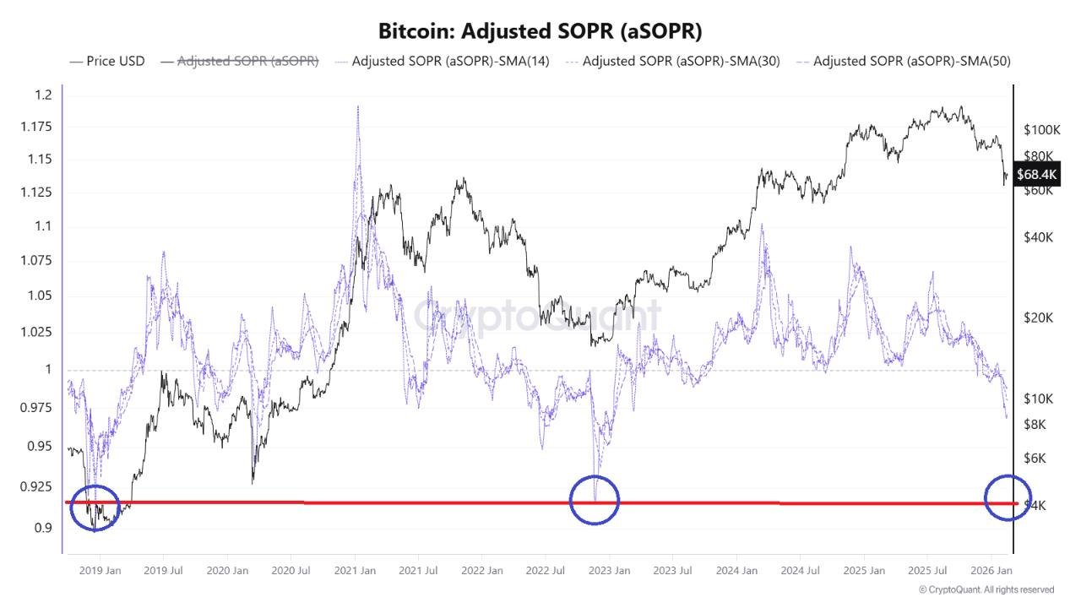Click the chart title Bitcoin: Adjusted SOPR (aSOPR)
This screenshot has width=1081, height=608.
pyautogui.click(x=540, y=30)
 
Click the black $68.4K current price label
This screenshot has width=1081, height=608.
pyautogui.click(x=1035, y=175)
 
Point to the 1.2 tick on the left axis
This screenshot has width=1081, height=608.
pyautogui.click(x=44, y=95)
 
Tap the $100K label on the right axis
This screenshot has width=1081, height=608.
pyautogui.click(x=1041, y=130)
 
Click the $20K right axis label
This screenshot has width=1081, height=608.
pyautogui.click(x=1038, y=318)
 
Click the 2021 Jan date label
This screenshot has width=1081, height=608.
pyautogui.click(x=355, y=571)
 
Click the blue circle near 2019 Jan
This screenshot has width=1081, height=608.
pyautogui.click(x=94, y=508)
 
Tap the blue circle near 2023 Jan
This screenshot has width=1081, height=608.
pyautogui.click(x=595, y=499)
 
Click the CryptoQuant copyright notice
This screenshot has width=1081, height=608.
pyautogui.click(x=986, y=589)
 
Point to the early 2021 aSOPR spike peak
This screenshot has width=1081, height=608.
pyautogui.click(x=358, y=108)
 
